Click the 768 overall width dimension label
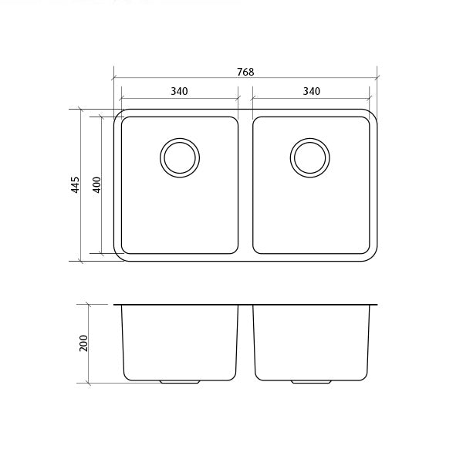[x=245, y=72]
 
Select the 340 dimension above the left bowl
[x=179, y=91]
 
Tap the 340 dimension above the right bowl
[x=311, y=91]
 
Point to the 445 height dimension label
[x=75, y=185]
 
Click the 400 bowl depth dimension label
[x=96, y=185]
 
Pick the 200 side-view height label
[x=84, y=343]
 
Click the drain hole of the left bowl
[x=180, y=157]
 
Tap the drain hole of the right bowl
[x=310, y=157]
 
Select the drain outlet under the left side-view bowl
[x=179, y=382]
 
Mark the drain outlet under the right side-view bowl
[x=310, y=382]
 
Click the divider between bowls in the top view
[x=245, y=185]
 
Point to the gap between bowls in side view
[x=245, y=340]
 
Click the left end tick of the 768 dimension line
[x=113, y=78]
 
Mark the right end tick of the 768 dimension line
[x=377, y=78]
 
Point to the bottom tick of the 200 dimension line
[x=90, y=384]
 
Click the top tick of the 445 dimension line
[x=81, y=109]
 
